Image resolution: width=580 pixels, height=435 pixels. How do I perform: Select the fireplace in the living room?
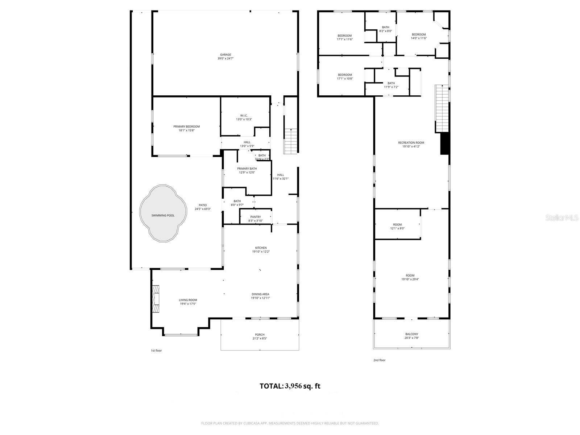tap(156, 299)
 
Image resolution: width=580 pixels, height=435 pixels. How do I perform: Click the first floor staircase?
tap(291, 141)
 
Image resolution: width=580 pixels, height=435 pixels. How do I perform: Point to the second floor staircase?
tap(442, 109)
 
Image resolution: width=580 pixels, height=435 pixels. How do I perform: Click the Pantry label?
tap(256, 219)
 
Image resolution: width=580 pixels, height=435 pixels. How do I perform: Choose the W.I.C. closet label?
tap(244, 117)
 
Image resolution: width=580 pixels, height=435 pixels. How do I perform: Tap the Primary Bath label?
tap(247, 170)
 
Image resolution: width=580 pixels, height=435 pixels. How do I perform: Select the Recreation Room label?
tap(411, 144)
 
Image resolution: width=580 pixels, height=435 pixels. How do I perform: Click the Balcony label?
tap(411, 336)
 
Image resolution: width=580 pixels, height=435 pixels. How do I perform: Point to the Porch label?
tap(260, 336)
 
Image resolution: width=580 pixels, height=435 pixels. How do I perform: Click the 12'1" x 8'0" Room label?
tap(397, 226)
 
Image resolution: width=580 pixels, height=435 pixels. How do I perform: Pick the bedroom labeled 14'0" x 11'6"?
tap(419, 36)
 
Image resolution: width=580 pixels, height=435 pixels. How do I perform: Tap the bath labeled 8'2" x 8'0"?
tap(385, 29)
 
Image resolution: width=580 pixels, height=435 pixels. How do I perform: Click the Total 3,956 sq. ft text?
tap(290, 386)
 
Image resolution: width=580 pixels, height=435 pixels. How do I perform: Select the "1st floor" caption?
tap(156, 351)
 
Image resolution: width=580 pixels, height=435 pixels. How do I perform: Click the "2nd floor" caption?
tap(380, 360)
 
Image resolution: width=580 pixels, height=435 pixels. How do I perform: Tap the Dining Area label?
tap(260, 296)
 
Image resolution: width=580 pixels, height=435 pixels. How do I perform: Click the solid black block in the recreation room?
tap(445, 144)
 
